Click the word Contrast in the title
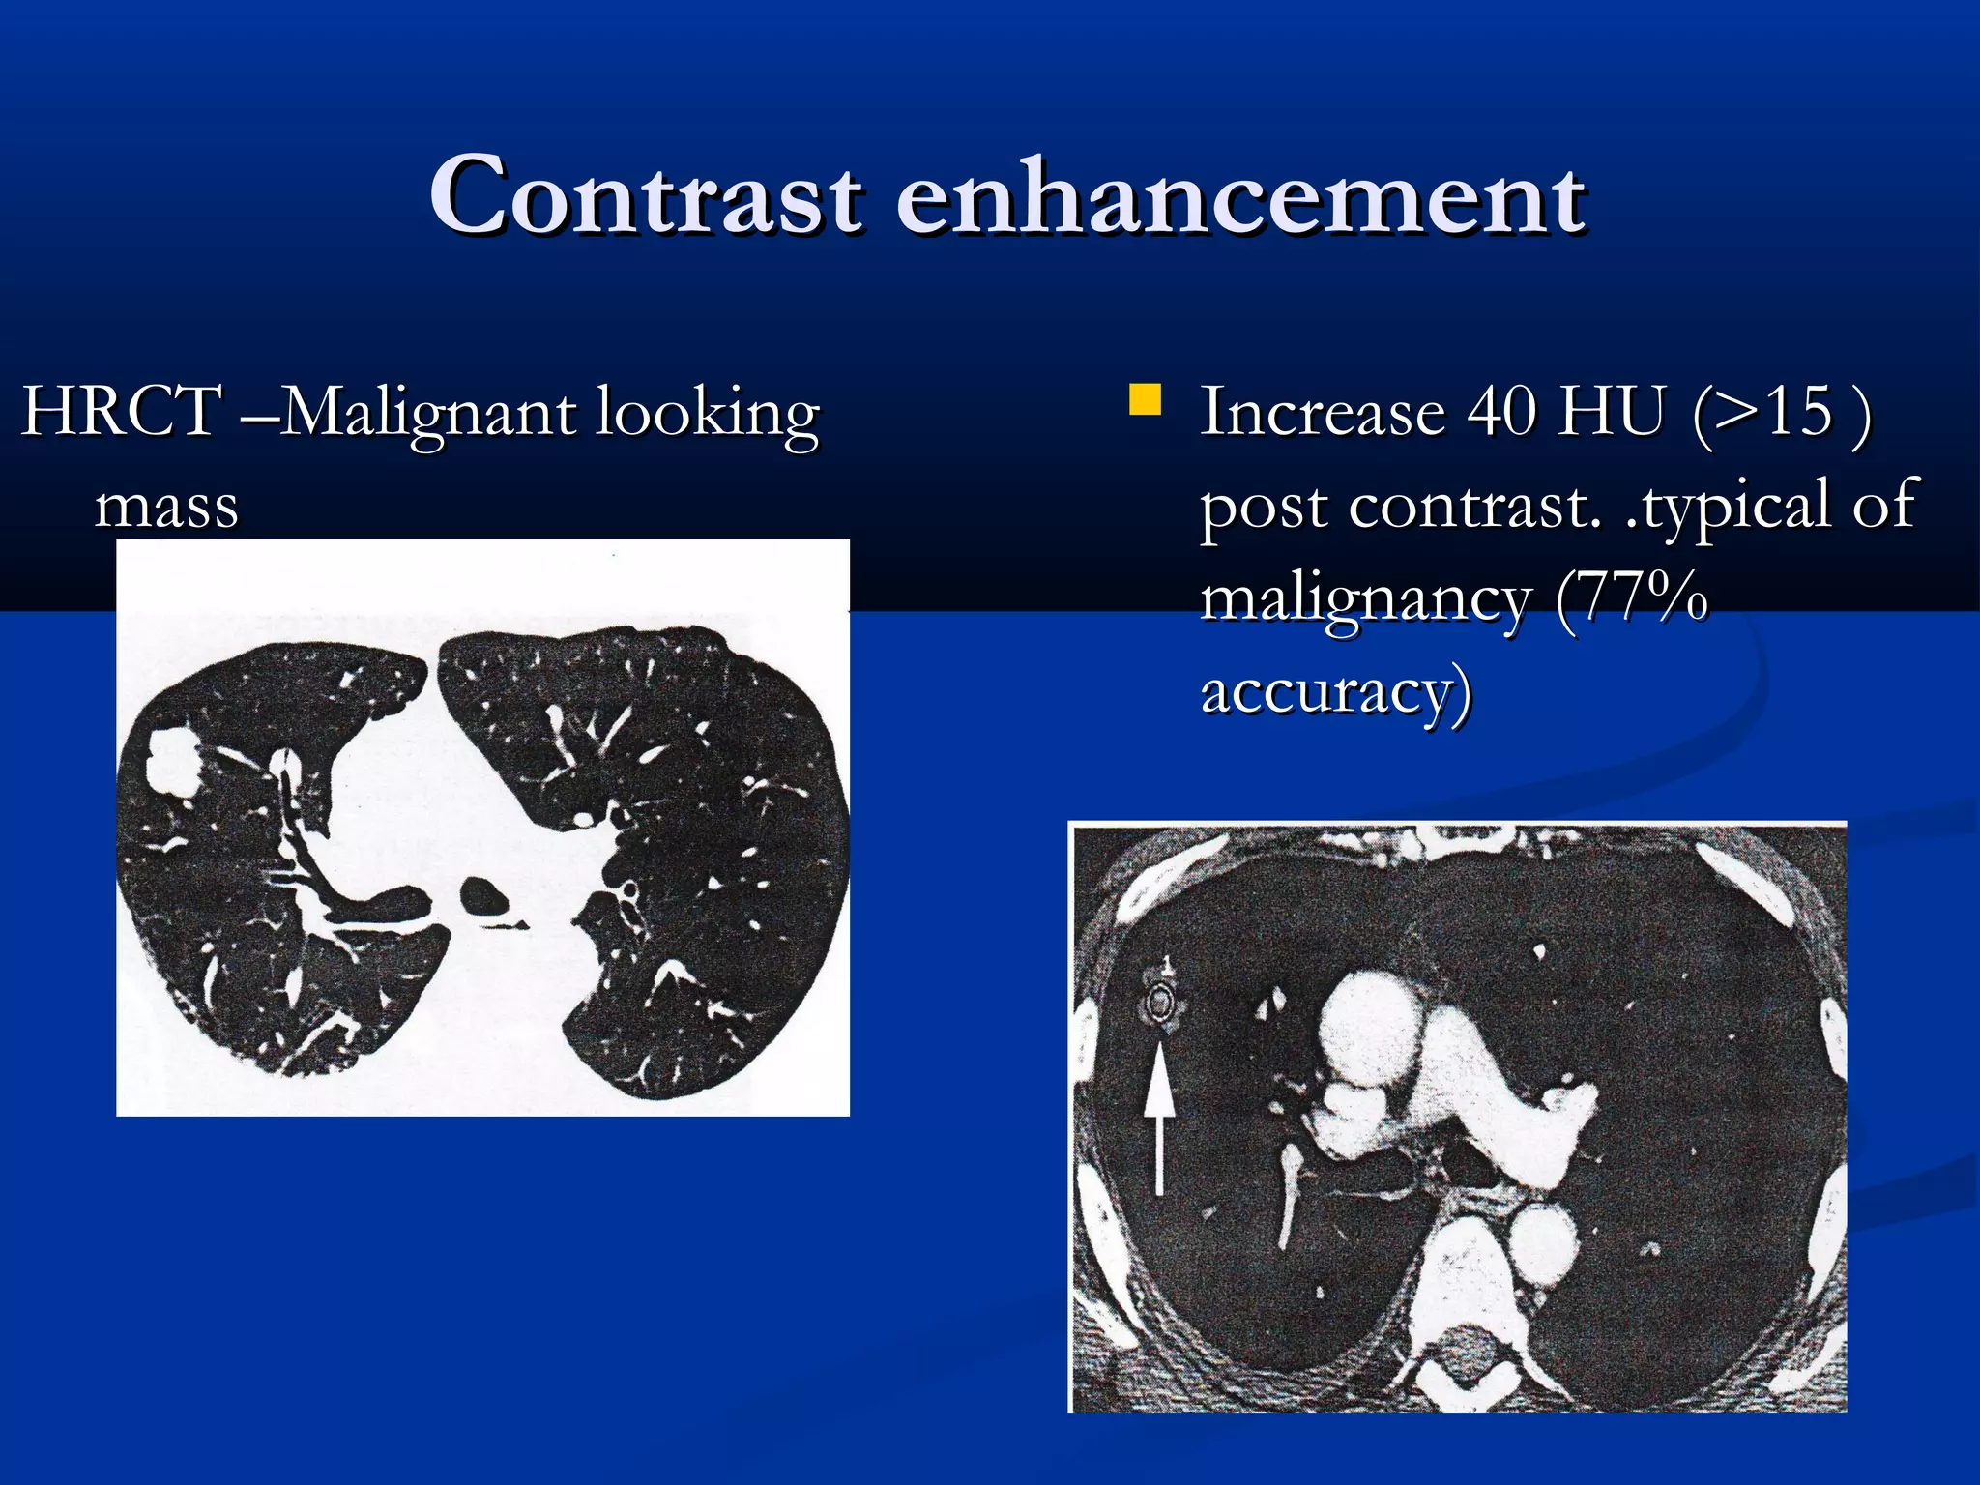click(x=645, y=197)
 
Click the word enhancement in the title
click(x=1240, y=197)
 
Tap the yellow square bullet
click(x=1146, y=399)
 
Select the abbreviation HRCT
click(x=122, y=412)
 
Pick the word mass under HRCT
click(x=166, y=506)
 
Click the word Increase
click(x=1323, y=412)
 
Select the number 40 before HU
click(x=1501, y=412)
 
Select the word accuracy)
click(x=1336, y=692)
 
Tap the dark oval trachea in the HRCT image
click(x=482, y=896)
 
